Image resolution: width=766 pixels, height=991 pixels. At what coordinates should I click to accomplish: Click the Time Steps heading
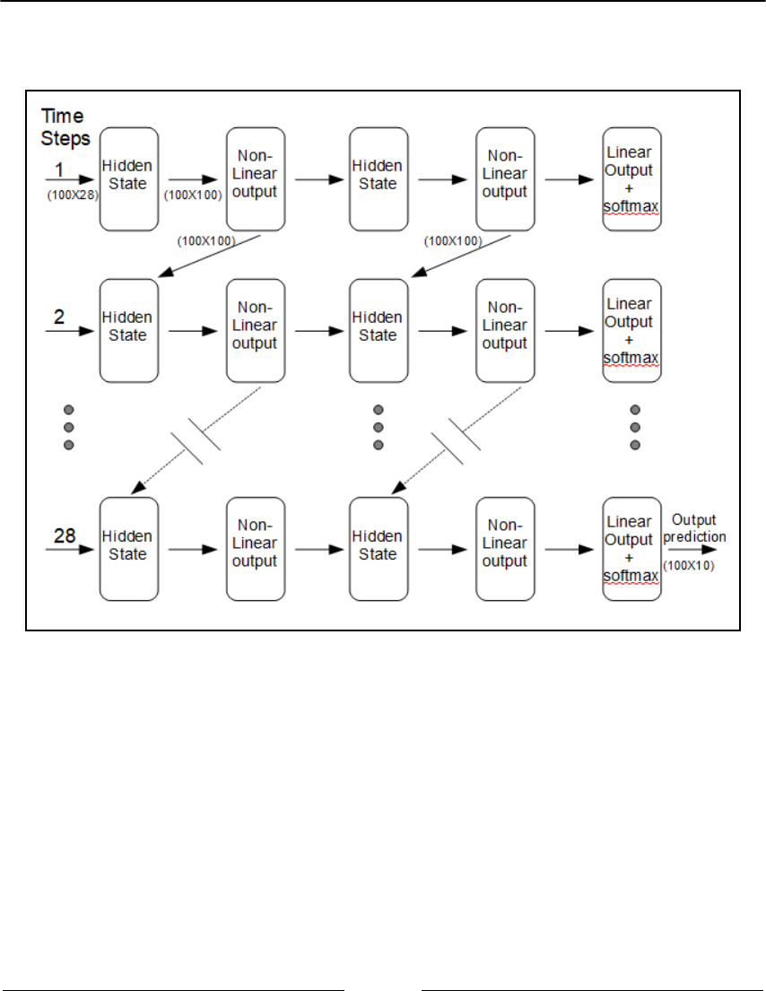65,126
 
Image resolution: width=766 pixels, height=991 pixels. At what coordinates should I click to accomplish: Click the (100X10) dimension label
689,566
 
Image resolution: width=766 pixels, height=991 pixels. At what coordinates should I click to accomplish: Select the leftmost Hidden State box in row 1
128,178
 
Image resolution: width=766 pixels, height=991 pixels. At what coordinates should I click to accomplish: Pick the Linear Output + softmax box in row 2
631,330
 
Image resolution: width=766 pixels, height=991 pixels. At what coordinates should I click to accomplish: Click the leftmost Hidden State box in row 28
128,549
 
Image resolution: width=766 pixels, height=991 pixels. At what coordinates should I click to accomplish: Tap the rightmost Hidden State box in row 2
378,330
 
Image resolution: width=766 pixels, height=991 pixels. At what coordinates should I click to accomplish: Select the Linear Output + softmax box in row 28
631,549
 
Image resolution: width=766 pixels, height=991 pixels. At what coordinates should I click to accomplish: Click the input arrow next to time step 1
69,178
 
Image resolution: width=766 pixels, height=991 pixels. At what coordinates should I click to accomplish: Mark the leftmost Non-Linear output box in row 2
255,330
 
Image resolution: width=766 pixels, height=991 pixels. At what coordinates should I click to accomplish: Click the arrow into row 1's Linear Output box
566,178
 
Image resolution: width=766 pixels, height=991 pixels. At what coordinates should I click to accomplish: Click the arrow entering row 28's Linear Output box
566,549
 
